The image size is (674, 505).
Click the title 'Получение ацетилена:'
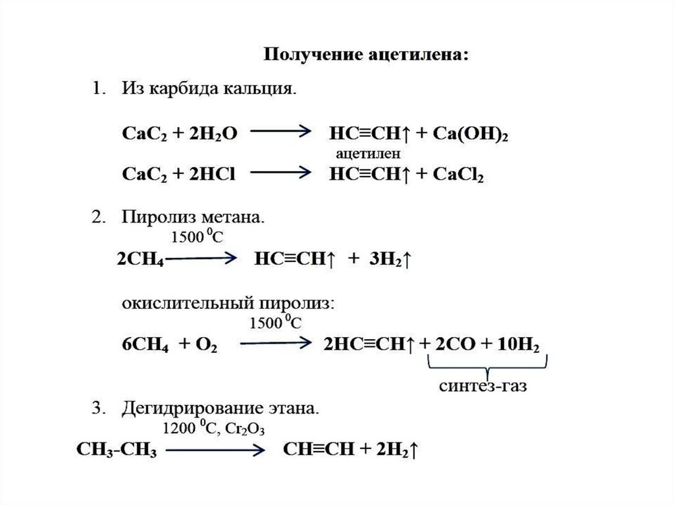pos(367,54)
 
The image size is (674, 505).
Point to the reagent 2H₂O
pos(207,133)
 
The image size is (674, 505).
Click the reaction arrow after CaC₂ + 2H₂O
pos(280,132)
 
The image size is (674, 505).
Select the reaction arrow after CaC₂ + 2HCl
pos(280,173)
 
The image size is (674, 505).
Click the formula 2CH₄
pos(140,259)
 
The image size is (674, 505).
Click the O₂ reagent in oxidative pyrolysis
pos(206,344)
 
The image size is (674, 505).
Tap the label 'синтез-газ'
pos(483,385)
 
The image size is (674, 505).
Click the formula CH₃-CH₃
pos(117,450)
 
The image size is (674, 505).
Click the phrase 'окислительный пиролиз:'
pos(227,304)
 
